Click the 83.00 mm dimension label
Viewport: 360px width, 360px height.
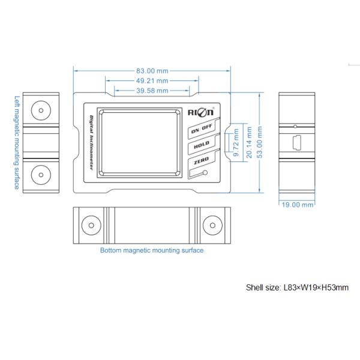(152, 70)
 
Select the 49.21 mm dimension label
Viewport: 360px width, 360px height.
(152, 80)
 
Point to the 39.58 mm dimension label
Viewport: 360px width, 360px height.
(152, 91)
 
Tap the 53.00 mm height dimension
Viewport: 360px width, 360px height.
(259, 143)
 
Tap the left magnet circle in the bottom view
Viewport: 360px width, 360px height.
(90, 224)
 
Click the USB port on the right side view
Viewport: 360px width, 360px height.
(298, 143)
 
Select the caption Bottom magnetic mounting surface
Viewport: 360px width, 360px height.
(152, 251)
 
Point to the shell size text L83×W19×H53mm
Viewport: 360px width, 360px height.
(297, 287)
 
